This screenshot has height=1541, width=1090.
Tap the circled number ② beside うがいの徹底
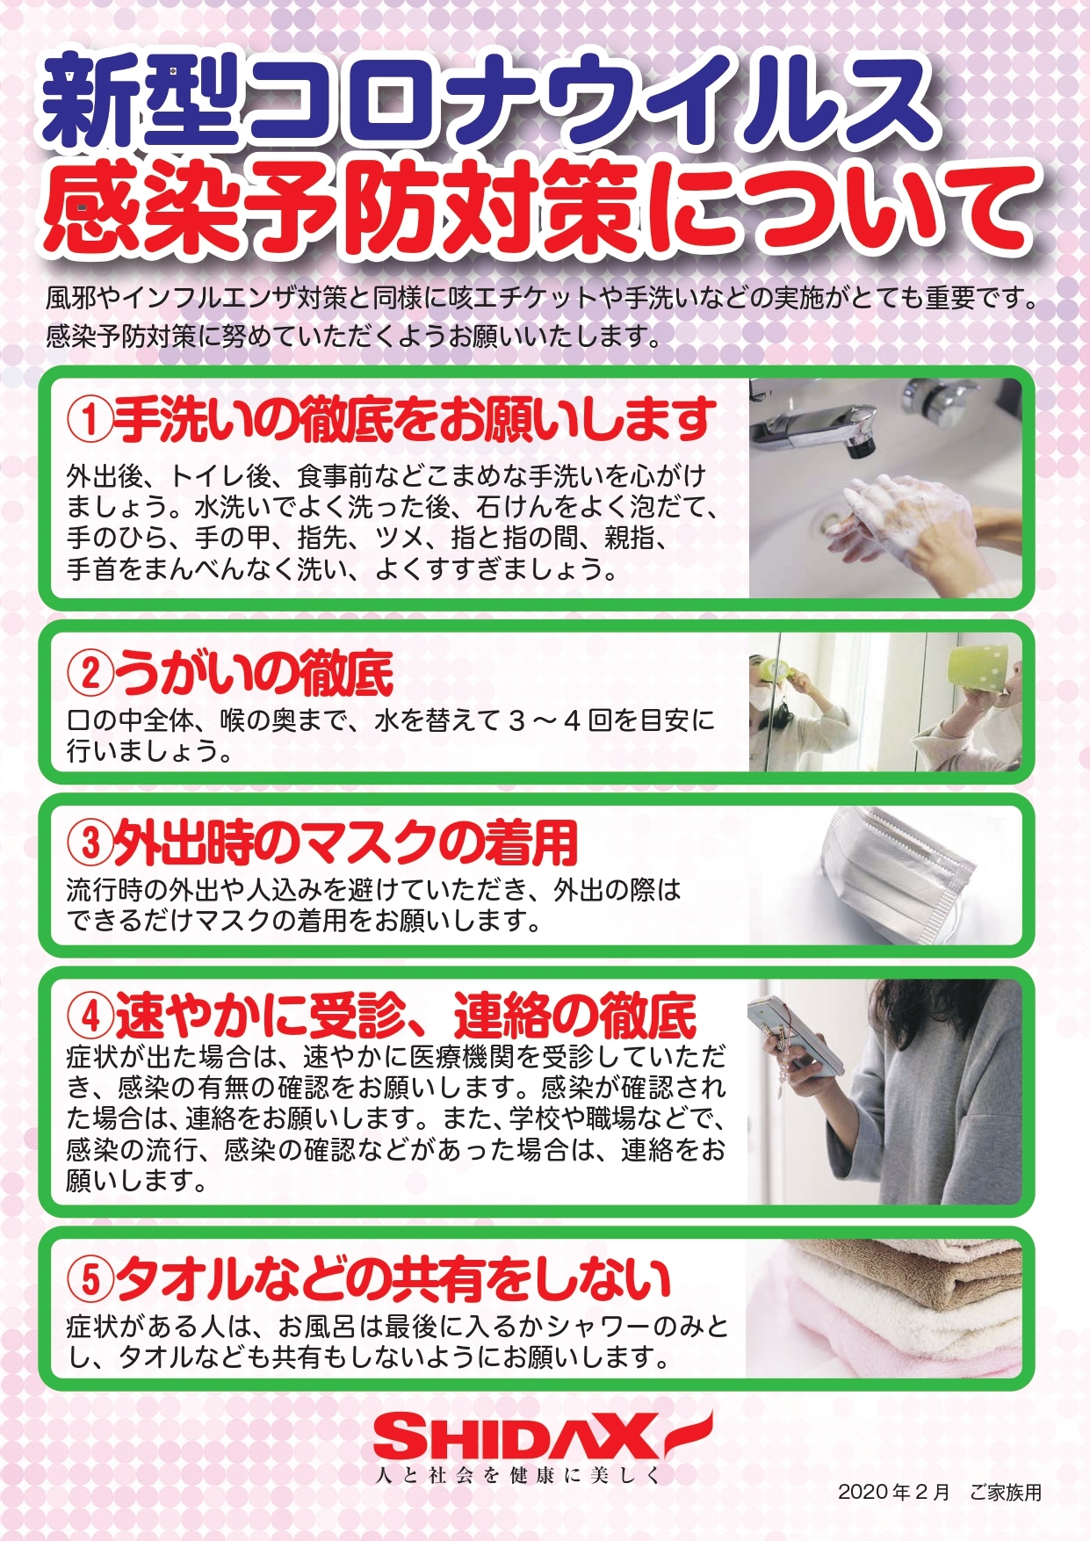[90, 674]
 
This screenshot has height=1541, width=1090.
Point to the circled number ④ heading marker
[90, 1016]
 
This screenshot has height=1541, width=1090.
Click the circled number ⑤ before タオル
[90, 1280]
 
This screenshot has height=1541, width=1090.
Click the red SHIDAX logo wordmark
[518, 1437]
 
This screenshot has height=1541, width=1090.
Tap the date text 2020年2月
[893, 1492]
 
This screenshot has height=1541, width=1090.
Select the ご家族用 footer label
[1005, 1492]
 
